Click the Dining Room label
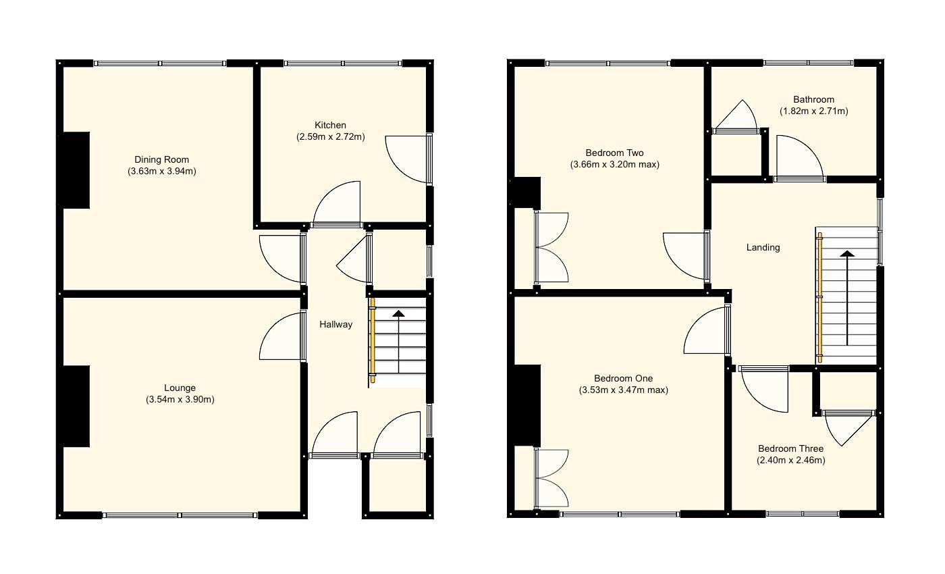(161, 159)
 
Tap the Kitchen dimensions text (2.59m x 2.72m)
(330, 136)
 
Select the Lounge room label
(180, 388)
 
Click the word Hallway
(335, 324)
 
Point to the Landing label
(763, 247)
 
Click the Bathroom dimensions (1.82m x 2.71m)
(813, 111)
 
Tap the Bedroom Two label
(614, 153)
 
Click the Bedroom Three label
(790, 448)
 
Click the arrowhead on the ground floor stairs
(399, 313)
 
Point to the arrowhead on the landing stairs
(846, 254)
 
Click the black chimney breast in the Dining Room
(76, 169)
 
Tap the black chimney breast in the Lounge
(76, 406)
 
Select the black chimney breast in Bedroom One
(527, 405)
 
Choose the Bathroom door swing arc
(799, 158)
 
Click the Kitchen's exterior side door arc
(406, 159)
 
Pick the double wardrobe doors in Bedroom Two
(552, 247)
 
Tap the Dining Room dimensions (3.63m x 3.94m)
(161, 172)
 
